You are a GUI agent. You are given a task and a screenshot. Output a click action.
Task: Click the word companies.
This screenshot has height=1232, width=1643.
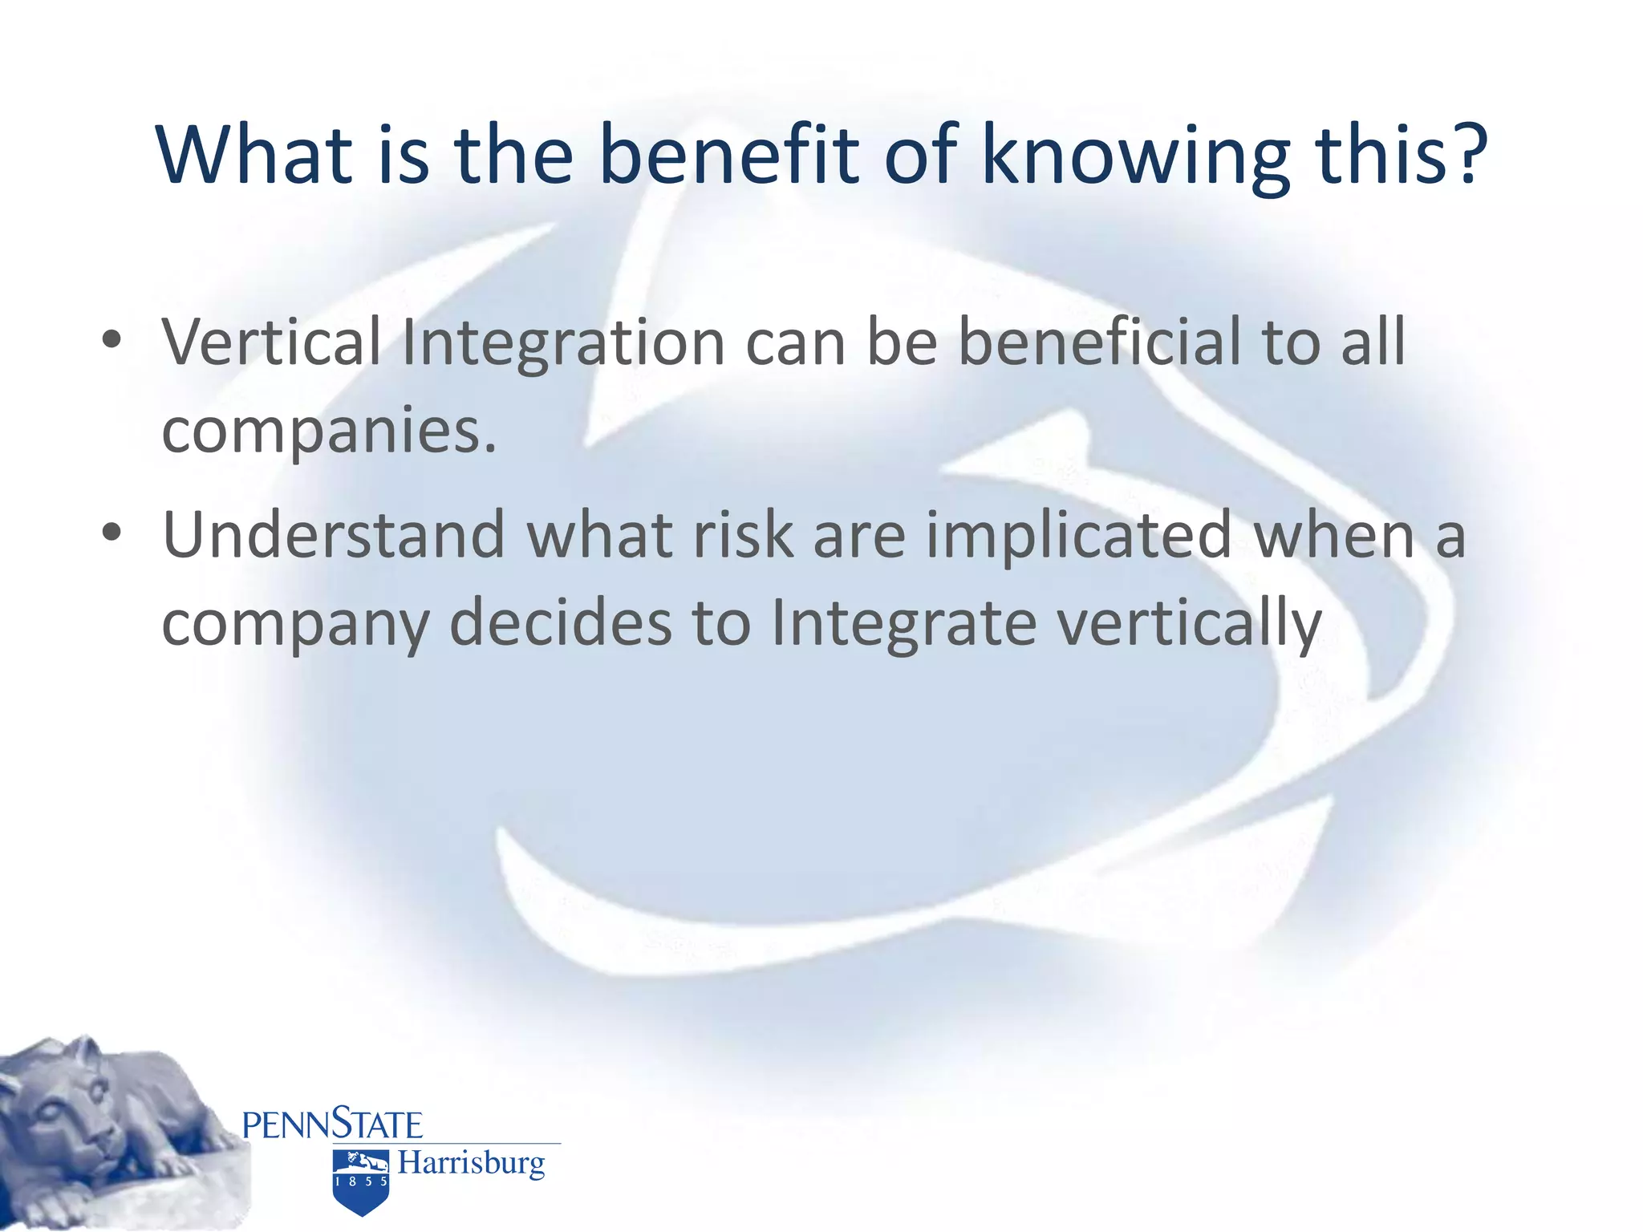[x=329, y=432]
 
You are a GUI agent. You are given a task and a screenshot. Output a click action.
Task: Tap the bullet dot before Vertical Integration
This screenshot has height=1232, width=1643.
[x=112, y=340]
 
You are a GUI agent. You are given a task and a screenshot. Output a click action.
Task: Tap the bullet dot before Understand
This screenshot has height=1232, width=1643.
[x=112, y=533]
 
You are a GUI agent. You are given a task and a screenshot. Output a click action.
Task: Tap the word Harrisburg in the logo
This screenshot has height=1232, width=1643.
[x=471, y=1163]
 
